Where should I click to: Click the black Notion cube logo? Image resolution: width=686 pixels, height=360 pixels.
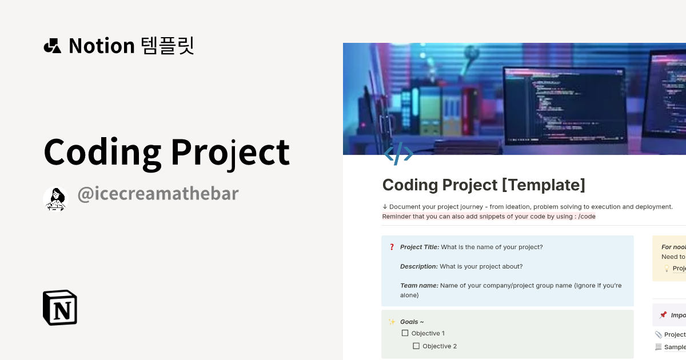pos(60,307)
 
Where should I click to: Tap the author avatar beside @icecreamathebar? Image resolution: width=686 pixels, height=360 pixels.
pos(55,199)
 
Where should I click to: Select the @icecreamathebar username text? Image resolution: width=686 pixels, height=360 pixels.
pos(158,194)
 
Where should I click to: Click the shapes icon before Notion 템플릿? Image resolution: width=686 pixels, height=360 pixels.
pos(52,46)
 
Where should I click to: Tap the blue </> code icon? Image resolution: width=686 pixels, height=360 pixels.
pos(398,154)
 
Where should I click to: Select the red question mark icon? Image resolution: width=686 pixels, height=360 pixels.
pos(392,247)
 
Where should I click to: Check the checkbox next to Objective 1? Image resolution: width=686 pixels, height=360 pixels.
pos(405,333)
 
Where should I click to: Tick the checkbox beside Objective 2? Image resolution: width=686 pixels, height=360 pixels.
pos(416,346)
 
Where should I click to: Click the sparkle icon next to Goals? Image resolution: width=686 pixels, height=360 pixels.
pos(392,322)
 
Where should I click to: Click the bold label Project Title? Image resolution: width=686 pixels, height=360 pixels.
pos(420,247)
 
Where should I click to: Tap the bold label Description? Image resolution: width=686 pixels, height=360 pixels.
pos(419,266)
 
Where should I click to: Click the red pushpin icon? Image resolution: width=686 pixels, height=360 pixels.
pos(663,315)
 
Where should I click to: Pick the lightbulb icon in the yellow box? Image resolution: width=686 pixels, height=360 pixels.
pos(666,269)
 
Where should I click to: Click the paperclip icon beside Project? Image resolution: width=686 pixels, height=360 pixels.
pos(659,334)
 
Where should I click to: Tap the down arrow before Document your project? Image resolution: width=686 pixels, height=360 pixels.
pos(385,207)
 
